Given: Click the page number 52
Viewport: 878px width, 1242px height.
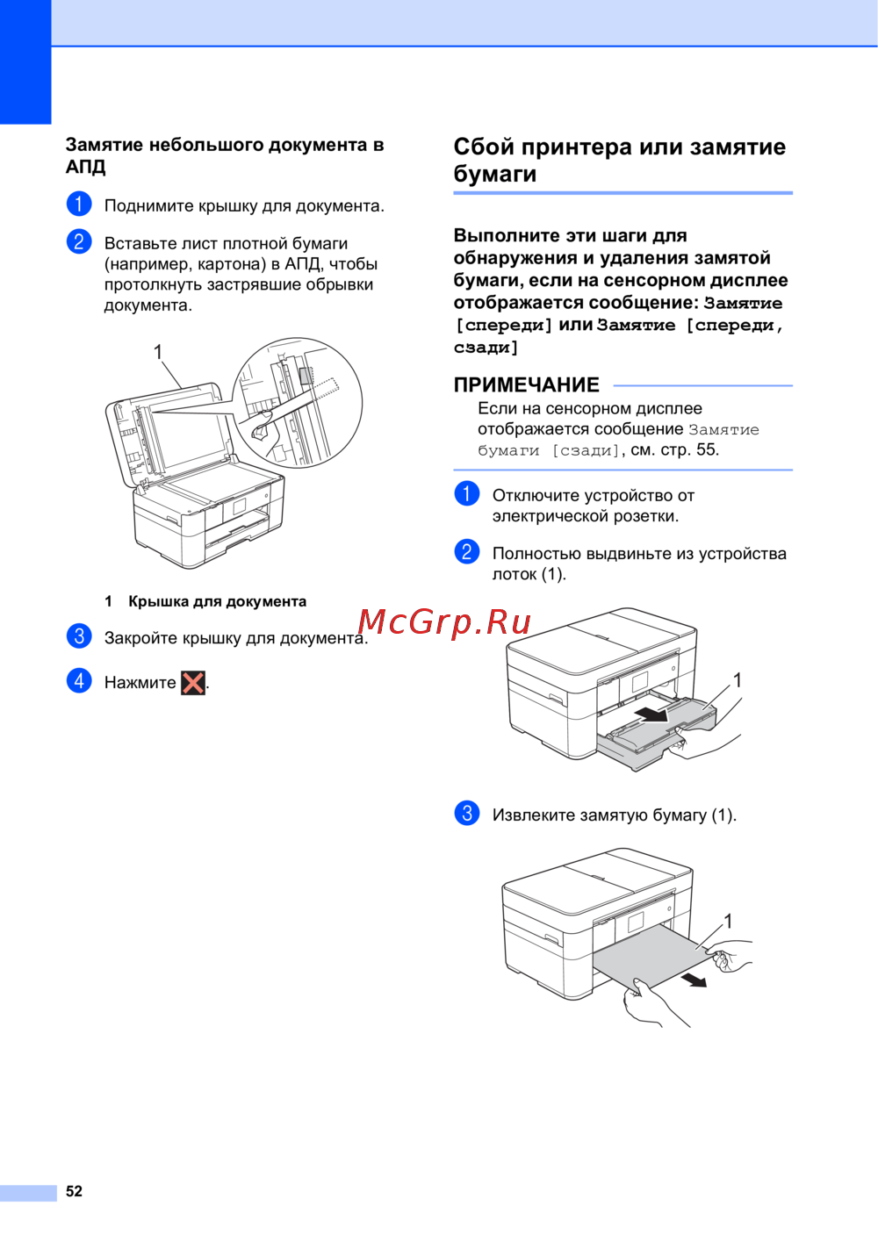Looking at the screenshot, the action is click(74, 1190).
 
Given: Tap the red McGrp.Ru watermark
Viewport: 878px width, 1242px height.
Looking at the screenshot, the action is click(444, 622).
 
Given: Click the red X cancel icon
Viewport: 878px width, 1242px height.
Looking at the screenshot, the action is click(193, 683).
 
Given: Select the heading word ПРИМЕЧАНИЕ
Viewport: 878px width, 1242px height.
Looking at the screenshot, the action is click(526, 384).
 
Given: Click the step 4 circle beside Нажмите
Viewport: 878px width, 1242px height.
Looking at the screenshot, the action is click(79, 680).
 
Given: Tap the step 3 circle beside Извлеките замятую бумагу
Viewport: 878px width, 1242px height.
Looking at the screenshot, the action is click(467, 813).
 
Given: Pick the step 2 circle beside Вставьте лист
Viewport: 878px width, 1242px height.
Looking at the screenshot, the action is click(79, 241).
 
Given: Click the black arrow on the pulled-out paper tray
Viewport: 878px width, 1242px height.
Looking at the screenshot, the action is click(651, 714).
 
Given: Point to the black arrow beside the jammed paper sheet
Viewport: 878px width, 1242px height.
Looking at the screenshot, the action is click(694, 980).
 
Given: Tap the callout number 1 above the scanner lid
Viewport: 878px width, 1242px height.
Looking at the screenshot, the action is click(158, 352).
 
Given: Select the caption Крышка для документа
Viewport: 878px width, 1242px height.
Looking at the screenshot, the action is click(218, 601).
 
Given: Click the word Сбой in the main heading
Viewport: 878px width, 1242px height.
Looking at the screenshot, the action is click(484, 147).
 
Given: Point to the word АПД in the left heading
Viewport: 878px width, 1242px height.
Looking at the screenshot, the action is click(85, 167).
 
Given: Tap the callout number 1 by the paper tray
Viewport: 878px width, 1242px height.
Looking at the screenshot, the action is click(738, 679).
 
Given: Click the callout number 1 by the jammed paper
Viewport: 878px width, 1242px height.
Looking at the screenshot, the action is click(728, 921).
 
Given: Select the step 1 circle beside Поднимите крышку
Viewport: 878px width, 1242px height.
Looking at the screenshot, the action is click(79, 204).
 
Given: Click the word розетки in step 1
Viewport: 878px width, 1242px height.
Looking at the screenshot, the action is click(646, 517).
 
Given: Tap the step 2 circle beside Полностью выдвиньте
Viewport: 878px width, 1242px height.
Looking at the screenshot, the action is click(467, 552).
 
